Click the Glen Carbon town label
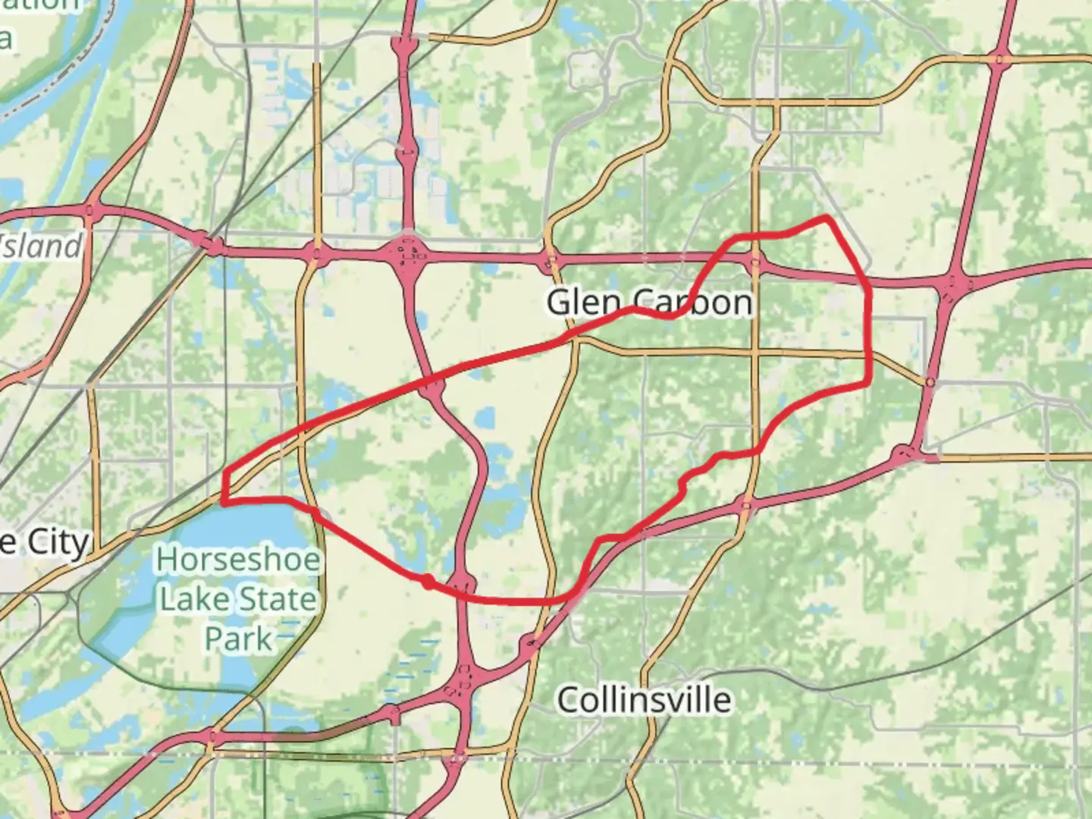pos(649,302)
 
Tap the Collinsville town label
pos(645,699)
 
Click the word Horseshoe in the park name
pos(238,560)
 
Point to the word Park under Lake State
pos(238,639)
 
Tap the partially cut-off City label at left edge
pos(45,543)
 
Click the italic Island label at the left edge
pos(41,246)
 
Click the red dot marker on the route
pos(428,582)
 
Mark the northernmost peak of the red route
pos(825,218)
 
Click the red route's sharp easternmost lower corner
pos(868,384)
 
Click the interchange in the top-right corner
pos(1000,58)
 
